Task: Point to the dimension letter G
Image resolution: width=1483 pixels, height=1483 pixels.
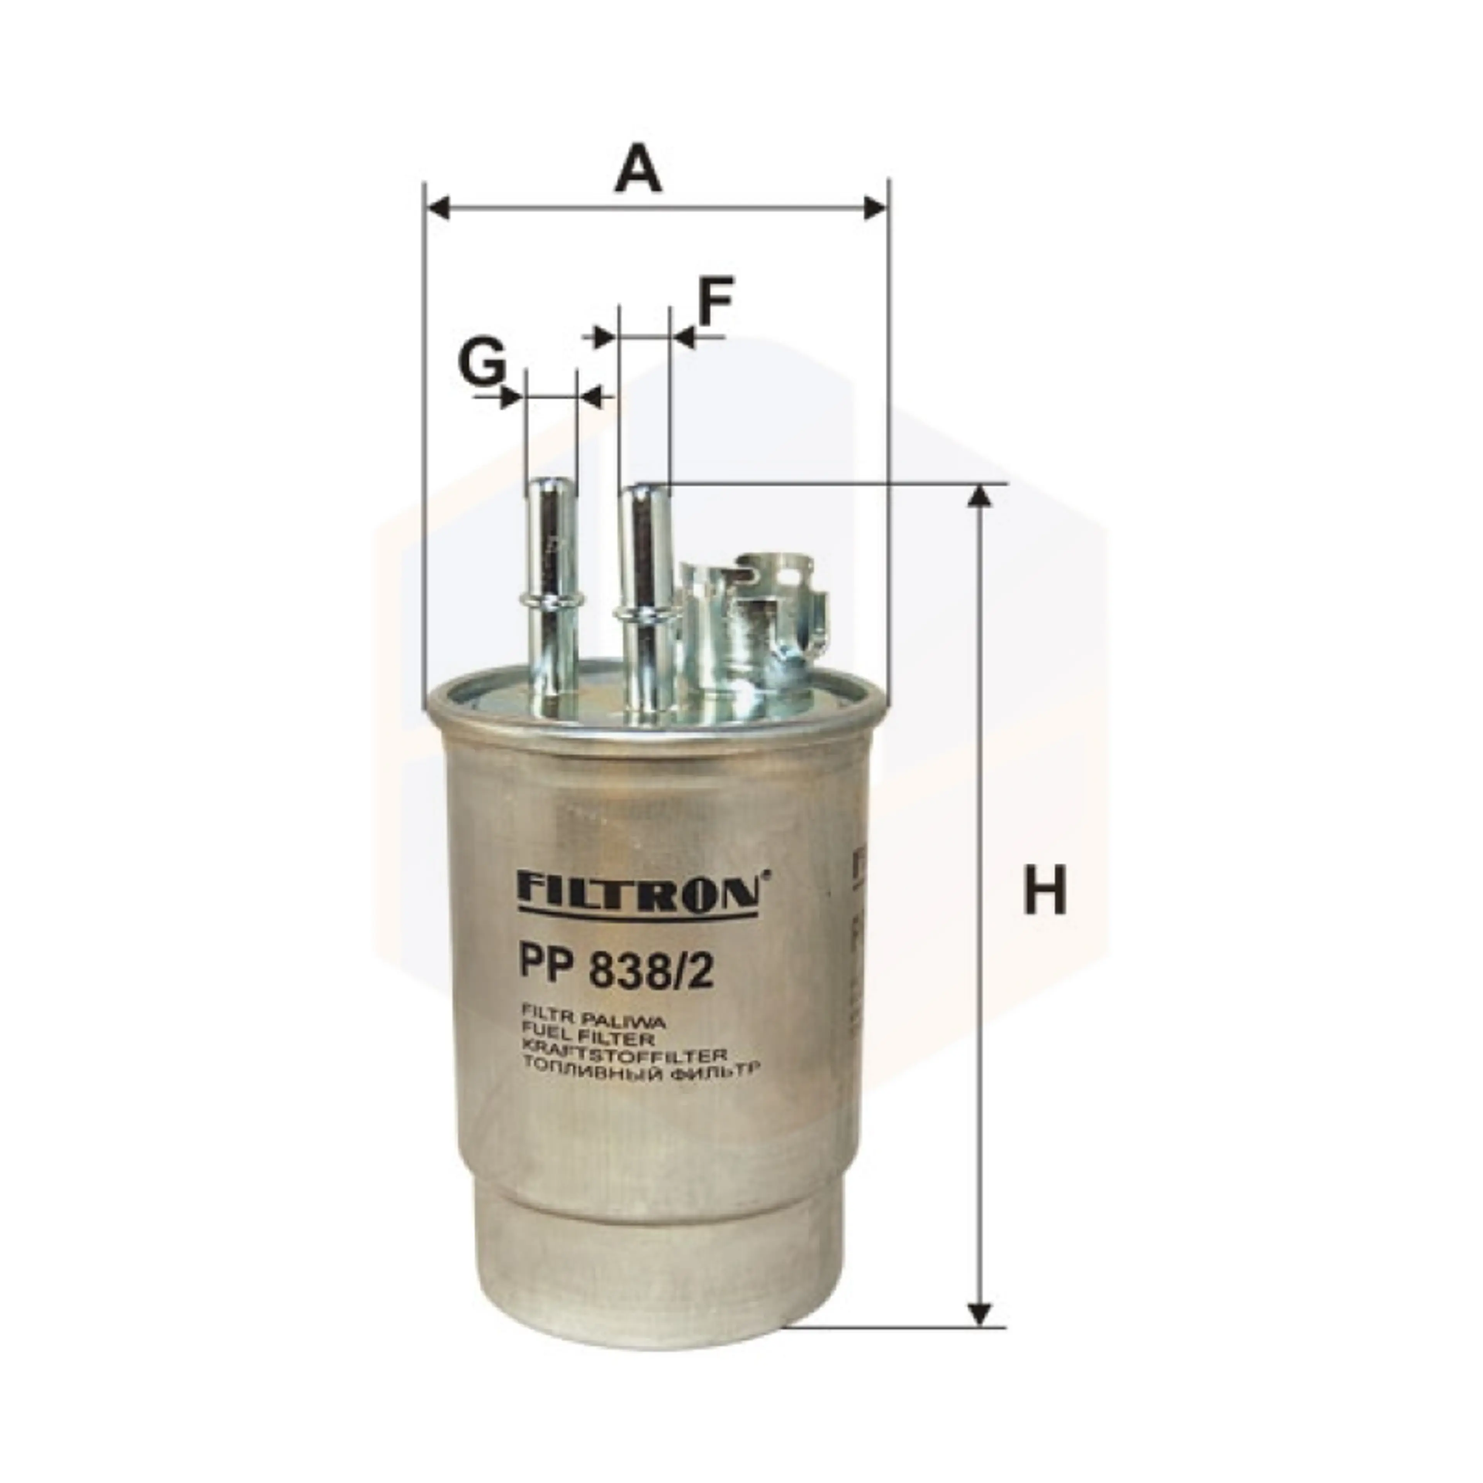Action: [482, 362]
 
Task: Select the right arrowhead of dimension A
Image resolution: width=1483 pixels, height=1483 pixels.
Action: [875, 207]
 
